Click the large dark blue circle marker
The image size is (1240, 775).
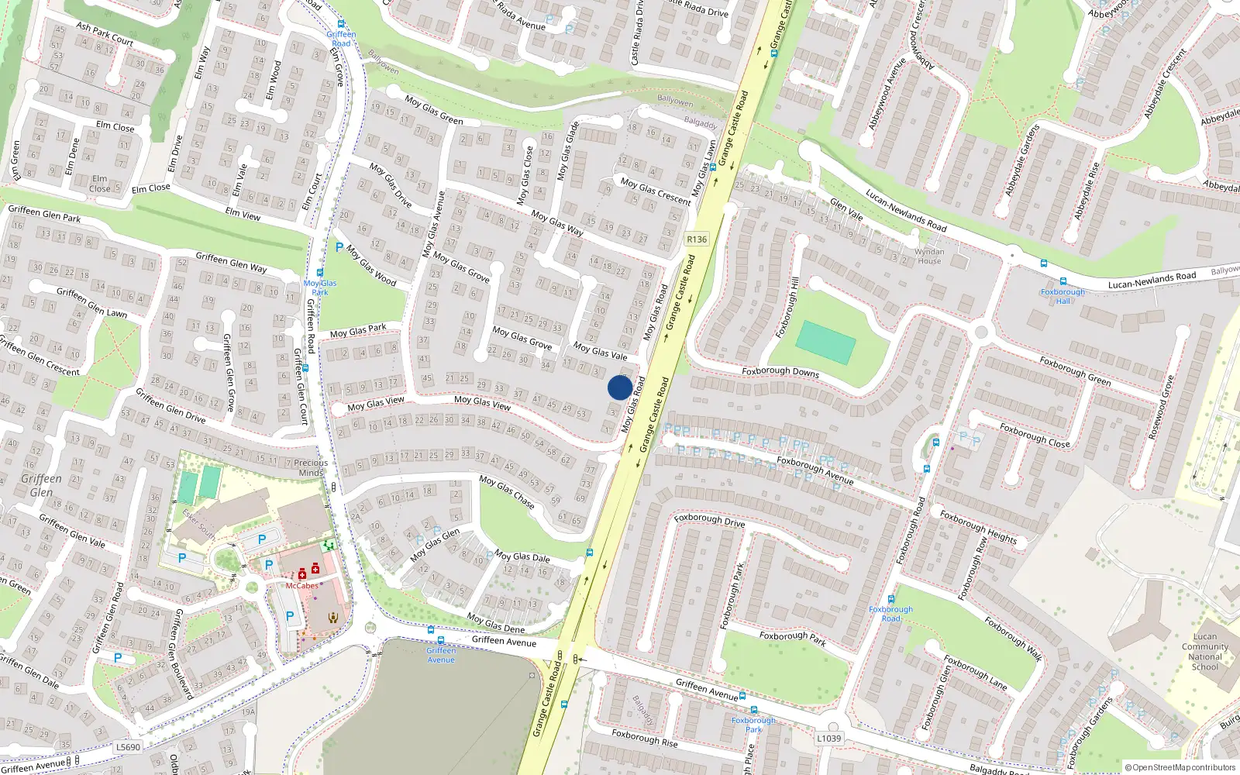[619, 387]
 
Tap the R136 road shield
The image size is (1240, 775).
[697, 239]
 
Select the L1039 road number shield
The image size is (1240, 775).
[828, 738]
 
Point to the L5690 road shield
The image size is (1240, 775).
[128, 747]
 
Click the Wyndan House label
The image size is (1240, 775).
[929, 257]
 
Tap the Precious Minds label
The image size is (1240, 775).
[311, 467]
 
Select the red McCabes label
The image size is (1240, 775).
[301, 586]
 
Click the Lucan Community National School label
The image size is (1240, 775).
[1204, 652]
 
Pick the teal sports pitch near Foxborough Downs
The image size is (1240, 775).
[825, 342]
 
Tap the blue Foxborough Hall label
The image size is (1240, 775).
[1063, 296]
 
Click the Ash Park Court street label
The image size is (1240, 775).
[105, 33]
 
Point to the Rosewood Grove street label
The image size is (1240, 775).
[1162, 408]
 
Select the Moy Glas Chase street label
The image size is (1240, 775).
[507, 492]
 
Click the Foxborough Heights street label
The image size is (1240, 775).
[978, 526]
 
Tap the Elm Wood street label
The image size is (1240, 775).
[274, 81]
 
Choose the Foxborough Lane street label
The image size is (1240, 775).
[975, 673]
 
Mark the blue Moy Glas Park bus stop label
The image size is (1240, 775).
[320, 288]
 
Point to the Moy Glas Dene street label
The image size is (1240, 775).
[496, 622]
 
